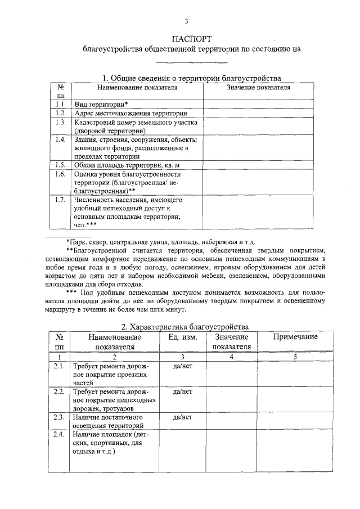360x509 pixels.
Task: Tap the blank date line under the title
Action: (191, 62)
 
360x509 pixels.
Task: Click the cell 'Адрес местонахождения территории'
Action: (130, 113)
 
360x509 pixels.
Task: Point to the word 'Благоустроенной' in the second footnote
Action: (101, 250)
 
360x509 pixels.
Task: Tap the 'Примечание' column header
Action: (295, 337)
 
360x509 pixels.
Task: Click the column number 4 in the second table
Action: (231, 357)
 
